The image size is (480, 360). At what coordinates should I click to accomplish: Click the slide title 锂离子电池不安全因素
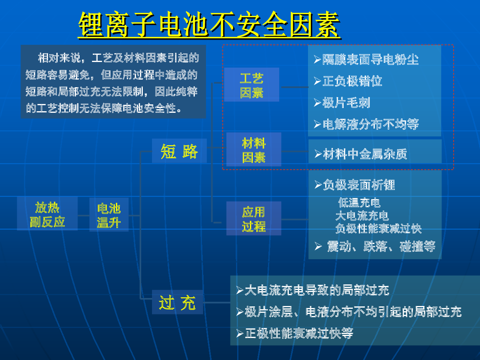[209, 24]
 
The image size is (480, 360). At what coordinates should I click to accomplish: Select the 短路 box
[179, 151]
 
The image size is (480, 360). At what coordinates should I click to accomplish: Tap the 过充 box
[177, 302]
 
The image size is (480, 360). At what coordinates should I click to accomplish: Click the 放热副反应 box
[47, 214]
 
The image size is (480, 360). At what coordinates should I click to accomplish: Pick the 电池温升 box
[109, 215]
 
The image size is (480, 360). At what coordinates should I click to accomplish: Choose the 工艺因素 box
[252, 84]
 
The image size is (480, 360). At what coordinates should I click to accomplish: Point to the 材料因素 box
[254, 149]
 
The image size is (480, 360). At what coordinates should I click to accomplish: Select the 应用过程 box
[254, 218]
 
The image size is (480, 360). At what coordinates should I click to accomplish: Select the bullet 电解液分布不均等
[366, 124]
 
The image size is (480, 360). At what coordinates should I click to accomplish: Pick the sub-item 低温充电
[359, 203]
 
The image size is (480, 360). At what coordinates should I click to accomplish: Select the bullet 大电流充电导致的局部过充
[313, 290]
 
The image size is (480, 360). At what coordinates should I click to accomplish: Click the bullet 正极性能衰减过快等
[295, 333]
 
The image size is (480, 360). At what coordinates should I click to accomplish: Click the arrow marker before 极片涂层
[240, 312]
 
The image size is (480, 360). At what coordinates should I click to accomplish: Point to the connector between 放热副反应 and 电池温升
[84, 216]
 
